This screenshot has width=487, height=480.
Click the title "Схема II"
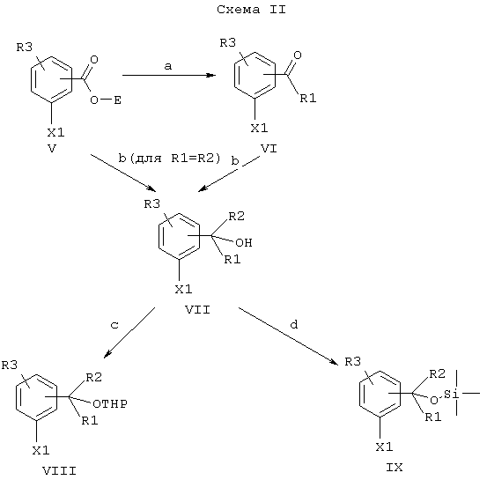251,10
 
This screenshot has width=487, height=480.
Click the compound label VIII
59,471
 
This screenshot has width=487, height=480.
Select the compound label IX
395,468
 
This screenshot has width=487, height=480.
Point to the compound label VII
197,310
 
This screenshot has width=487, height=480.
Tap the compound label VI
269,149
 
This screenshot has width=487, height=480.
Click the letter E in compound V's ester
117,100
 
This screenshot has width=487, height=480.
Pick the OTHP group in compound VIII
110,404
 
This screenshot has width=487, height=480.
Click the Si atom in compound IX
451,394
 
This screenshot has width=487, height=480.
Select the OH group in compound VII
244,242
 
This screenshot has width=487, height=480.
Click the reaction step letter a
167,66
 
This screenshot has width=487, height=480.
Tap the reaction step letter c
114,325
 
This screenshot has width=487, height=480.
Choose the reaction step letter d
294,324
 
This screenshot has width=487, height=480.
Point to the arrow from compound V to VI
169,75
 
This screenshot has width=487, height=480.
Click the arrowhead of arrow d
335,362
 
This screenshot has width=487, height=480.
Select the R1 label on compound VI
308,98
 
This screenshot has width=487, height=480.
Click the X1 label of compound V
55,133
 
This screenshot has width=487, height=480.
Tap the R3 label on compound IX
353,362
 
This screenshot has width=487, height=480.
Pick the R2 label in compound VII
236,217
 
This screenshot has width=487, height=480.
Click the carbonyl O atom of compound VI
298,55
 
